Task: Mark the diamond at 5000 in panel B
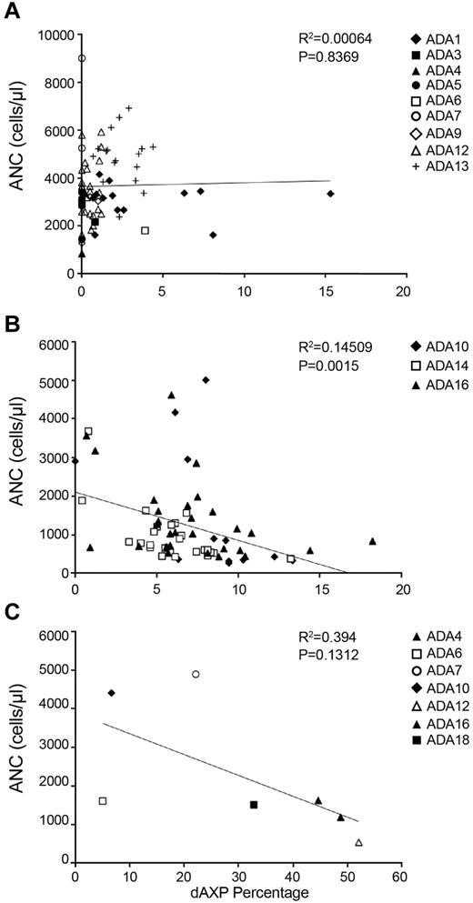[206, 380]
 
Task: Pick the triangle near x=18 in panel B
[372, 541]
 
